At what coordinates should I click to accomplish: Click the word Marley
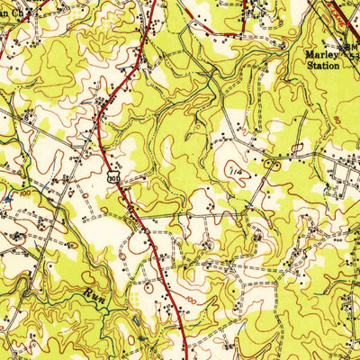coord(321,53)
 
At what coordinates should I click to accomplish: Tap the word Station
coord(321,65)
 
